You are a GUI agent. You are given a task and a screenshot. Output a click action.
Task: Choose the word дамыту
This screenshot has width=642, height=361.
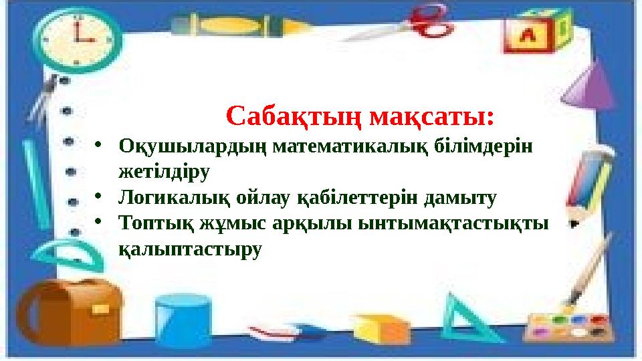pyautogui.click(x=462, y=198)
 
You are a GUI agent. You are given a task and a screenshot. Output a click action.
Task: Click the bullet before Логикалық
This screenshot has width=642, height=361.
pyautogui.click(x=98, y=198)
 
